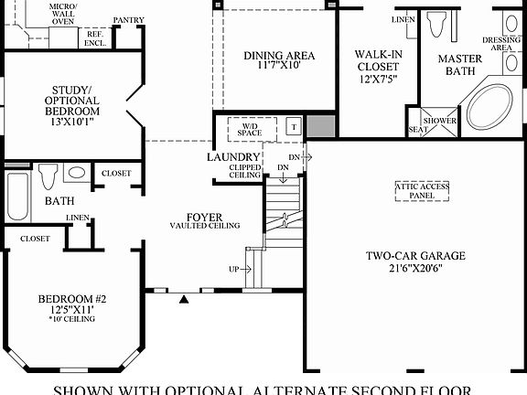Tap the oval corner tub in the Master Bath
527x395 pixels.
pos(495,111)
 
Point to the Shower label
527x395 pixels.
pos(439,121)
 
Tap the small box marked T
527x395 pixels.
pos(294,127)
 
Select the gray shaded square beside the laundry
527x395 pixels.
pos(318,127)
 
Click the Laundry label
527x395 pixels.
pos(233,157)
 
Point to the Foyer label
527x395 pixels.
pos(204,217)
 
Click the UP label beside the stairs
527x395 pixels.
pos(234,270)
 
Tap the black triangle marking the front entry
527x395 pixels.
pos(186,297)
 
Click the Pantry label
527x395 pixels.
pos(128,19)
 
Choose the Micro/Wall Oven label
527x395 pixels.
pos(63,13)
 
